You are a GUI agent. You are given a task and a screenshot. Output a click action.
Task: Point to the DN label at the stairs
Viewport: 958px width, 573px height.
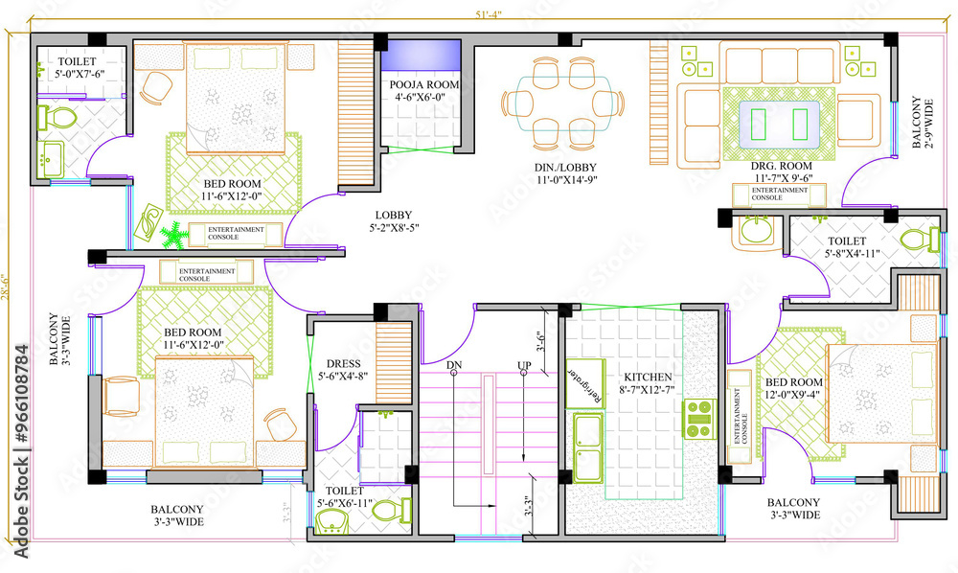pos(454,366)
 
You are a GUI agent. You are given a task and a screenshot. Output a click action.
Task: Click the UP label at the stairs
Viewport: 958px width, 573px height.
pos(524,366)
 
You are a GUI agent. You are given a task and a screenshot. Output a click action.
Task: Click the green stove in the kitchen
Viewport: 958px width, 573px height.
pos(699,418)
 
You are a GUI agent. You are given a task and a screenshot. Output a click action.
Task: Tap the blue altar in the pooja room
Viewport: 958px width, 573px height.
pos(422,57)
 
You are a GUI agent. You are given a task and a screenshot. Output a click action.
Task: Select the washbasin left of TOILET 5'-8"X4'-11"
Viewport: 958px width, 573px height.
pos(756,232)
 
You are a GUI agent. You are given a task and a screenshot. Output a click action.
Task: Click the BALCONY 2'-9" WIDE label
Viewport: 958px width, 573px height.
pos(921,122)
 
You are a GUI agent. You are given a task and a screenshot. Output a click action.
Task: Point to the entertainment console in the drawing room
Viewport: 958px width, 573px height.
pos(779,195)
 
